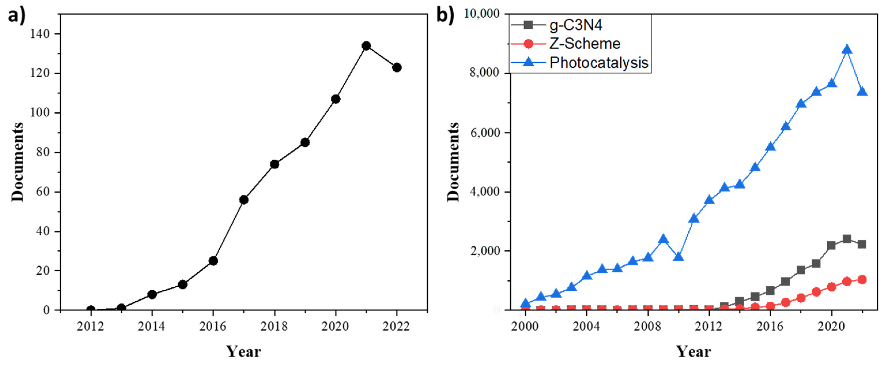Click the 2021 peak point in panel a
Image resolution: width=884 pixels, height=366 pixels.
coord(366,46)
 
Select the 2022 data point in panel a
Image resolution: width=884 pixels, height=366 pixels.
coord(397,67)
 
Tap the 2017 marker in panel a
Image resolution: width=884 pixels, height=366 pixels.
coord(244,199)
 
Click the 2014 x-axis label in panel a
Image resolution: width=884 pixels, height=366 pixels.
coord(151,326)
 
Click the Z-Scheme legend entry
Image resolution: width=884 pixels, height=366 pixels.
coord(584,44)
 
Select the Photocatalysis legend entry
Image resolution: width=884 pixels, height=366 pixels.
coord(598,63)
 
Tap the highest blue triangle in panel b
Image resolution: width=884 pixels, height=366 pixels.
coord(847,50)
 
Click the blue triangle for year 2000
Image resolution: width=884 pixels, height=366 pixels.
coord(525,303)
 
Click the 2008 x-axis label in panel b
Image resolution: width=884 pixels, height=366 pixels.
coord(647,326)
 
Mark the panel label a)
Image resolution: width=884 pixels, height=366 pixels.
coord(16,16)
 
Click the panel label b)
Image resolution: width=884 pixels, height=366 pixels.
coord(445,16)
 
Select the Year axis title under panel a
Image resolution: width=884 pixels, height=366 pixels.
coord(244,352)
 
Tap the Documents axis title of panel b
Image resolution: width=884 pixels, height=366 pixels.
coord(453,162)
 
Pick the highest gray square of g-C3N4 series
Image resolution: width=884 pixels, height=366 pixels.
coord(847,239)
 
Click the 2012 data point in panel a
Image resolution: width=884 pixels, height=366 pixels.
coord(90,310)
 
